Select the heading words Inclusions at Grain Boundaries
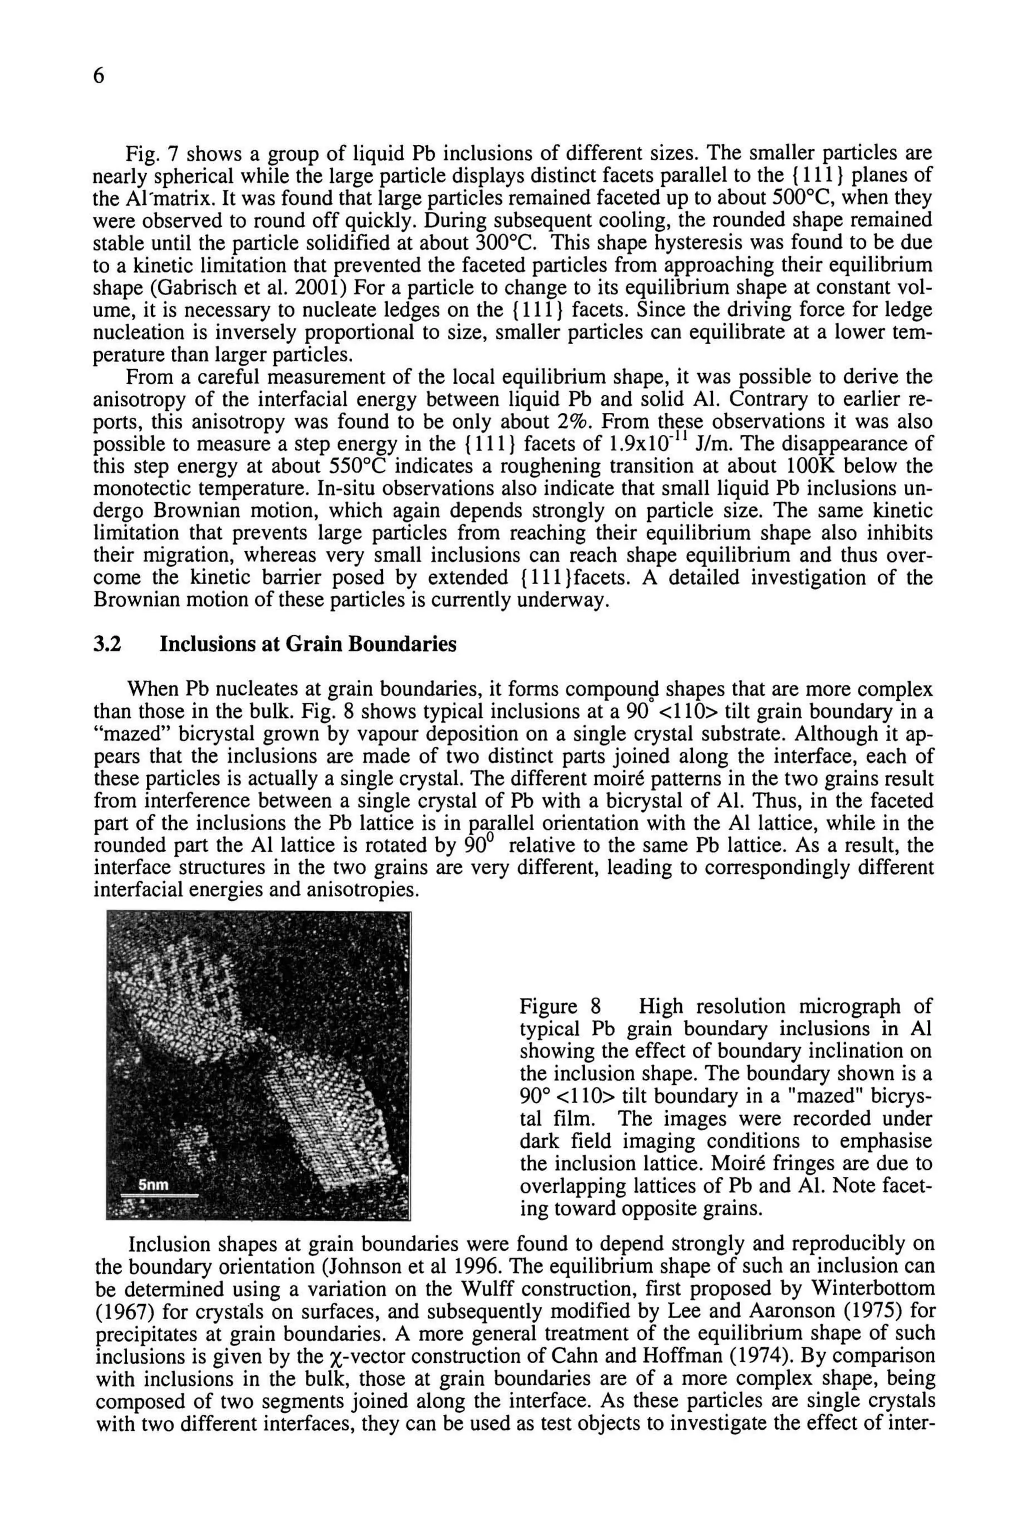click(308, 645)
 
